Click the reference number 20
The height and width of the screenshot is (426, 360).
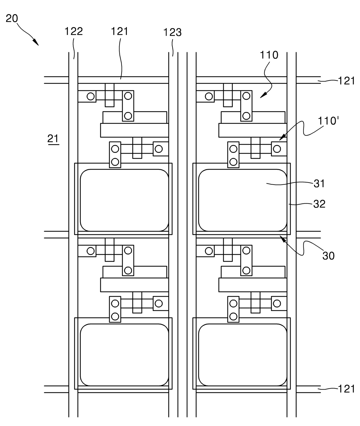point(12,19)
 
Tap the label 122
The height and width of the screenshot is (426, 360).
point(74,31)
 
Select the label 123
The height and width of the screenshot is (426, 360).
point(172,33)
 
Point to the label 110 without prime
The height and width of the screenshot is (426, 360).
point(269,55)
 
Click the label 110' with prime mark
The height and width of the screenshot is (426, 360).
point(328,121)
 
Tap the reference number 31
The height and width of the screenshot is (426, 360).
point(319,184)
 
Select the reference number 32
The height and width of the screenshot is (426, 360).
point(319,204)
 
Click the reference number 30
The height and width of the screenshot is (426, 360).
point(328,256)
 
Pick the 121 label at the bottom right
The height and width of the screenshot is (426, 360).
point(347,389)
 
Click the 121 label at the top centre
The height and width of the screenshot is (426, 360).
point(120,32)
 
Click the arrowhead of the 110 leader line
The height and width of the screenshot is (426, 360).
point(263,95)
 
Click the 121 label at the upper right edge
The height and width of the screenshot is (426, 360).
point(347,81)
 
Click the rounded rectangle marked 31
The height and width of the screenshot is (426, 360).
point(243,200)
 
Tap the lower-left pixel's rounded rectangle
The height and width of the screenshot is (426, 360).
point(125,355)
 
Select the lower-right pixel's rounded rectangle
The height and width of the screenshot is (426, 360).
point(243,355)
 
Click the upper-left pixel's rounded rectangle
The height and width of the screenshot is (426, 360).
point(125,200)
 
